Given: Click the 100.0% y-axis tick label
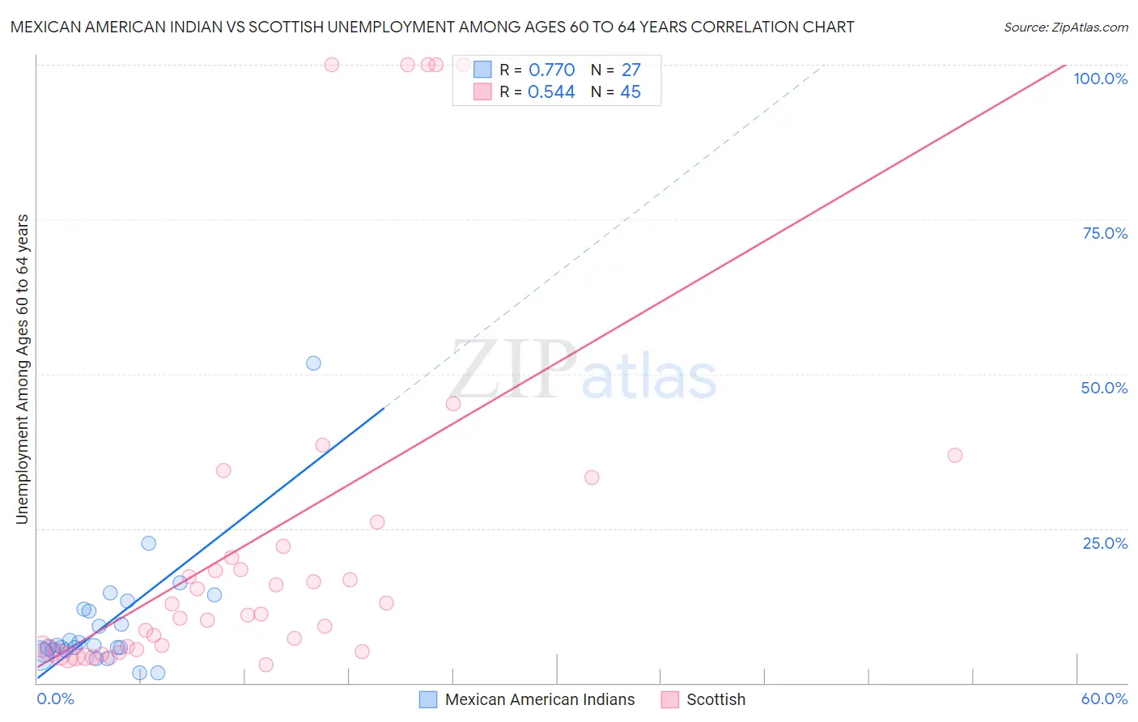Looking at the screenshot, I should click(x=1100, y=79).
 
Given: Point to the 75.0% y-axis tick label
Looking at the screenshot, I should click(x=1104, y=233).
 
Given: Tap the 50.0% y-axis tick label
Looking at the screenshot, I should click(x=1104, y=388).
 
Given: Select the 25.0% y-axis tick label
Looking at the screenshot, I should click(x=1104, y=543).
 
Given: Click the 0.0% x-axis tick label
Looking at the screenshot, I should click(x=55, y=699).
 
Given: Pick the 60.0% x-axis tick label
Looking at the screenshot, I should click(x=1104, y=699).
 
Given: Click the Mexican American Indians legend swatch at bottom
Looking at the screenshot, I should click(x=428, y=699).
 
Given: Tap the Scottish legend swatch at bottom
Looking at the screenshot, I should click(x=669, y=699).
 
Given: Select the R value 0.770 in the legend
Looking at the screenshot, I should click(x=551, y=70).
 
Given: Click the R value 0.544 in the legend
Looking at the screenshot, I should click(x=551, y=92).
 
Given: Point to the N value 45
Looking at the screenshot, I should click(x=631, y=92).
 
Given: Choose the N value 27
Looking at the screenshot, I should click(x=631, y=70).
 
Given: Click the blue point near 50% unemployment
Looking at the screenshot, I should click(x=313, y=363).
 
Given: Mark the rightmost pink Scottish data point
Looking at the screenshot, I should click(x=955, y=455).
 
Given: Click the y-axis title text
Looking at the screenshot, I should click(x=22, y=369).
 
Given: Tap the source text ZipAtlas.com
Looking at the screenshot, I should click(x=1065, y=28).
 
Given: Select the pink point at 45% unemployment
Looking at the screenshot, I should click(x=453, y=403).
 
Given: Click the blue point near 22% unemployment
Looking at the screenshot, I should click(x=148, y=543).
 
